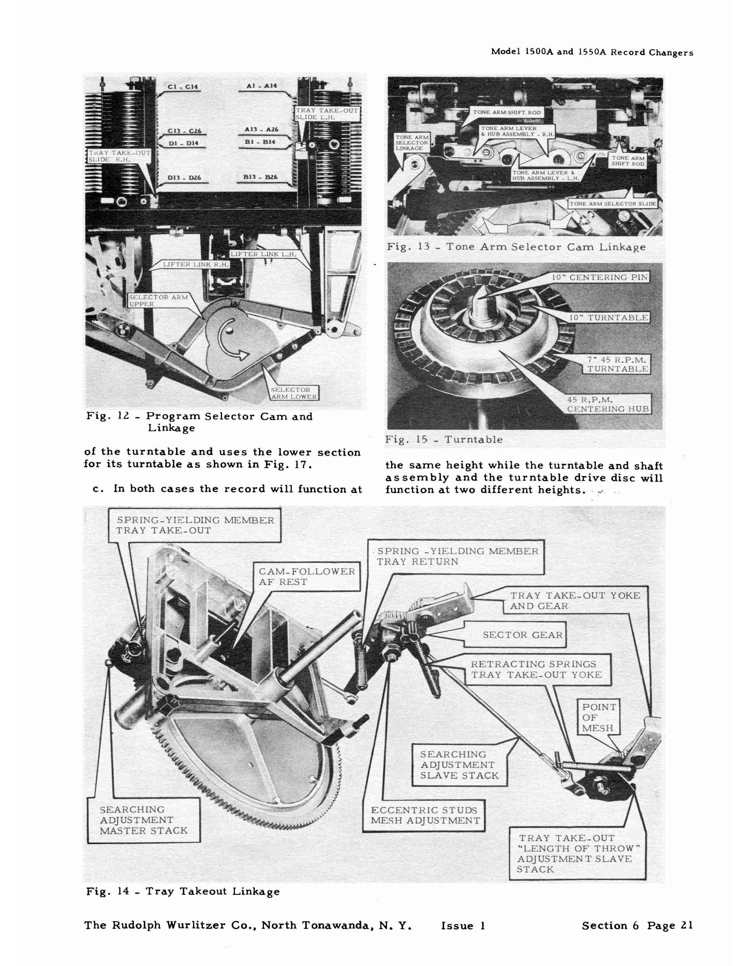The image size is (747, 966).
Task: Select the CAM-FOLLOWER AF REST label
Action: [307, 577]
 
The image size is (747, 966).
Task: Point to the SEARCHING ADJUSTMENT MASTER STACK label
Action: [144, 820]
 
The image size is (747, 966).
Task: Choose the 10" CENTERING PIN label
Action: [600, 277]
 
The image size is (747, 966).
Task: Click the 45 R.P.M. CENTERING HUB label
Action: [607, 404]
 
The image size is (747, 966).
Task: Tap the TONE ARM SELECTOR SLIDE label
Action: [613, 204]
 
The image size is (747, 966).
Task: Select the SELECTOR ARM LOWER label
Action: [294, 393]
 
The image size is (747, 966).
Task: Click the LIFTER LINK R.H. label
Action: [196, 264]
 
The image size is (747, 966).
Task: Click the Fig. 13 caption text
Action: [516, 247]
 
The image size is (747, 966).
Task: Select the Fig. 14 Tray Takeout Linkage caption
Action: [183, 891]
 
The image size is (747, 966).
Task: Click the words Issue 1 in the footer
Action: [463, 926]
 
